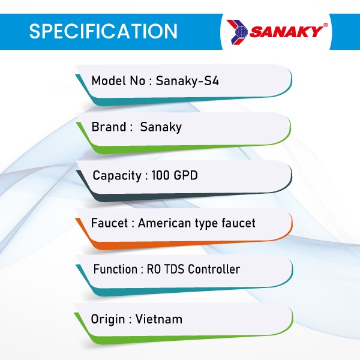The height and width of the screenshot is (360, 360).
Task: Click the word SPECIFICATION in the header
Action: pos(103,31)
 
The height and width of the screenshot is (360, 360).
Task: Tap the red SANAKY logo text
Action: pos(286,31)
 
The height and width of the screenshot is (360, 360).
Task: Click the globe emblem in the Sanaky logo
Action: pos(242,32)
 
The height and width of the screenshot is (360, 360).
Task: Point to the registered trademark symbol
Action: pos(325,25)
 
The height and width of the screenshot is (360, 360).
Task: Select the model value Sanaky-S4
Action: pos(187,81)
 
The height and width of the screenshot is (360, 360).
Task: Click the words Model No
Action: pos(118,81)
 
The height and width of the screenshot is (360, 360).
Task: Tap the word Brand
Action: pos(109,127)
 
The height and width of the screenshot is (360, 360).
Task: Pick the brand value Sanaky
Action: pos(161,127)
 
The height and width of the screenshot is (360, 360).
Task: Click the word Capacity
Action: pos(117,176)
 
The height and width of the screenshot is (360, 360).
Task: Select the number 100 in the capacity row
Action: pos(160,176)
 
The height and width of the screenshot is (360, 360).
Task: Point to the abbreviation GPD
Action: pos(185,176)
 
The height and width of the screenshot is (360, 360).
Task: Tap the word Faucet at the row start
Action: pos(109,223)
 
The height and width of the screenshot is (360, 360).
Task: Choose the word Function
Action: pos(115,269)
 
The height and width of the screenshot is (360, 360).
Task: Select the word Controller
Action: pos(214,269)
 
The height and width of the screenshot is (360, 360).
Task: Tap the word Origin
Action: pos(107,320)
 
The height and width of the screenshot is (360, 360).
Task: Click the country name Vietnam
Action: pos(159,319)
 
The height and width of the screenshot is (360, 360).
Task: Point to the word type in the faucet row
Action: pos(206,224)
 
